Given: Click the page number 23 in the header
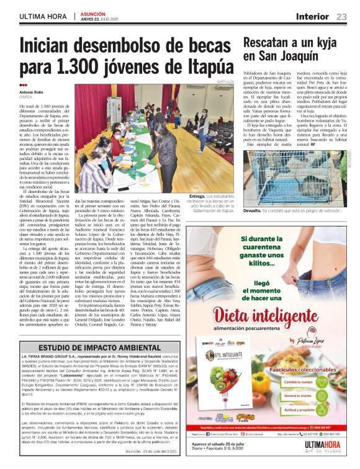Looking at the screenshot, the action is point(341,17).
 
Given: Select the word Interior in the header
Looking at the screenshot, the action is point(313,17).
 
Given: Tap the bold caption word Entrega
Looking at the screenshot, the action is point(199,196).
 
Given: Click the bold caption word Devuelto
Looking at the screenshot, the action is point(255,210).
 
